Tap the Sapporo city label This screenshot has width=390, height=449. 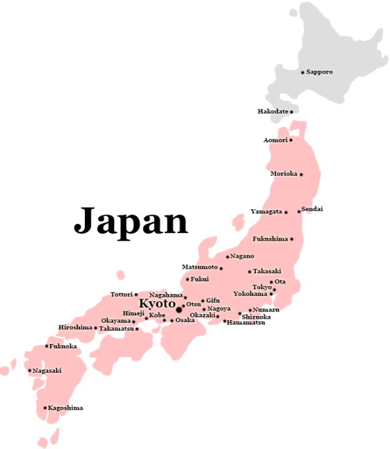[x=319, y=71]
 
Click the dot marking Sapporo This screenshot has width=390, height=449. [x=303, y=72]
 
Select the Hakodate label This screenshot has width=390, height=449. [x=272, y=111]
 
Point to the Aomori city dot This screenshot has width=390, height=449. [x=290, y=140]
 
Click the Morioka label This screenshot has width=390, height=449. [x=283, y=174]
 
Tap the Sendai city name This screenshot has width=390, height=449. [x=313, y=209]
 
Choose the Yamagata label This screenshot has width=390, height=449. [x=266, y=212]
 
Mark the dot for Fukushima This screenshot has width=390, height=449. [x=291, y=239]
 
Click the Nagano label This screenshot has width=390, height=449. [x=242, y=256]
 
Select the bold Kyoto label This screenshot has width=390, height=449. [x=157, y=304]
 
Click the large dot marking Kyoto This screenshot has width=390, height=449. [x=179, y=309]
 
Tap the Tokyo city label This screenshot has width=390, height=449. [x=262, y=287]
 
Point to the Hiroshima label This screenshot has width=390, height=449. [x=75, y=327]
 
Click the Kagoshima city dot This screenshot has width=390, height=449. [x=45, y=408]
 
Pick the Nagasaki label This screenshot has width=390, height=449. [x=47, y=371]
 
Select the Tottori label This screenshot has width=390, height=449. [x=121, y=295]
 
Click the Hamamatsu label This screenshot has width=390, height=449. [x=246, y=323]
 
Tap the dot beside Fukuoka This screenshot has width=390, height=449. [x=47, y=346]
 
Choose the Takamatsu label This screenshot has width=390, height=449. [x=116, y=329]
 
